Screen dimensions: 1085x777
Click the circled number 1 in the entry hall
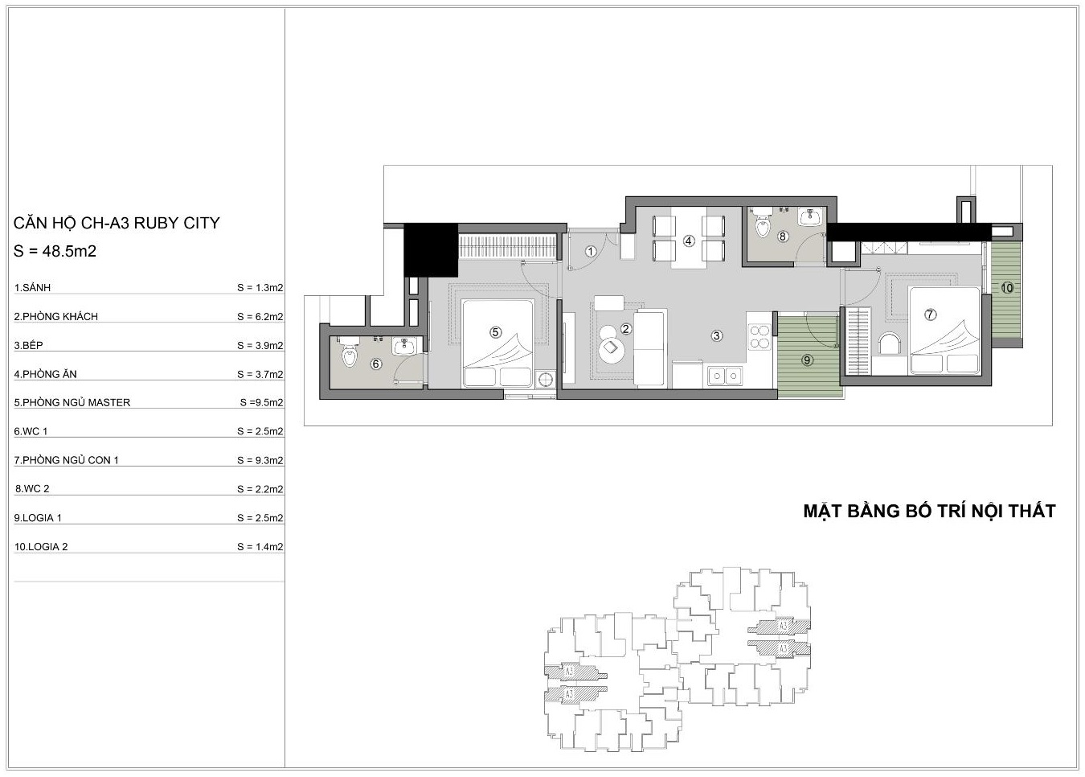(590, 251)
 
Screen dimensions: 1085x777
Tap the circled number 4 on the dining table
(688, 240)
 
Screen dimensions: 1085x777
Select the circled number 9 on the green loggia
(806, 360)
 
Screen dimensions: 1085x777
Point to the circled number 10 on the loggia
(1006, 288)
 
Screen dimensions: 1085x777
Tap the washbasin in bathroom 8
(811, 216)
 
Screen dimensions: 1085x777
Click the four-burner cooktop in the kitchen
(759, 337)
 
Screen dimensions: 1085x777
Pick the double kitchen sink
(725, 376)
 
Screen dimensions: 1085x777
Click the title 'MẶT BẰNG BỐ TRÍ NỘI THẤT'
(929, 511)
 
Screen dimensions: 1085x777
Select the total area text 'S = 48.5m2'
(55, 251)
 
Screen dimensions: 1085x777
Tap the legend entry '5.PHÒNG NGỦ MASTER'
(72, 402)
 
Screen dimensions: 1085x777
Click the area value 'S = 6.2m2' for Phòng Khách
(260, 317)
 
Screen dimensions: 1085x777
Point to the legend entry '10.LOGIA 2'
(41, 547)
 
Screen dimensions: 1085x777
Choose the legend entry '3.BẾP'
(29, 345)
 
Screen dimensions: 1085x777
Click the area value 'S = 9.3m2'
(260, 460)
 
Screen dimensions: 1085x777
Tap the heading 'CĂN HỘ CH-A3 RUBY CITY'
(117, 223)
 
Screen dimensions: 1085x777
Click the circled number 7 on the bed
(930, 314)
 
